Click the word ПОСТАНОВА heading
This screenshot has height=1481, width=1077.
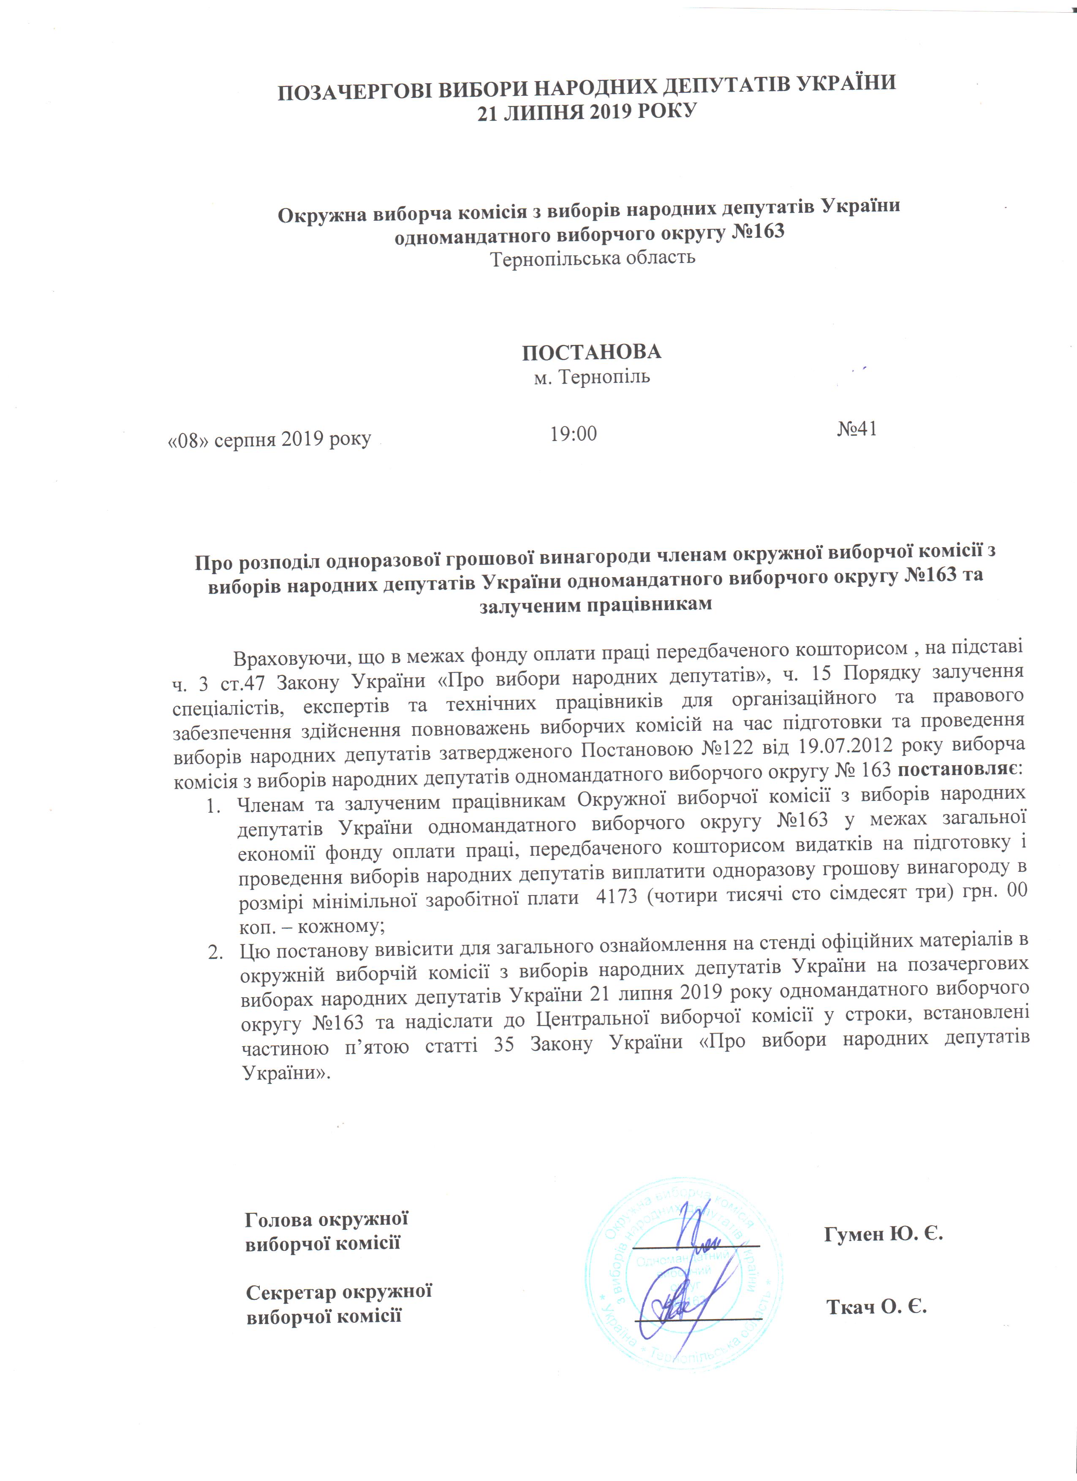(591, 353)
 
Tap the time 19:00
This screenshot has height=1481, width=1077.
(574, 434)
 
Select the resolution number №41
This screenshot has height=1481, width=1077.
(857, 429)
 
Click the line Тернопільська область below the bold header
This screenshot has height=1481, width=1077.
(593, 258)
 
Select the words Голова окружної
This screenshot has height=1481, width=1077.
(326, 1219)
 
